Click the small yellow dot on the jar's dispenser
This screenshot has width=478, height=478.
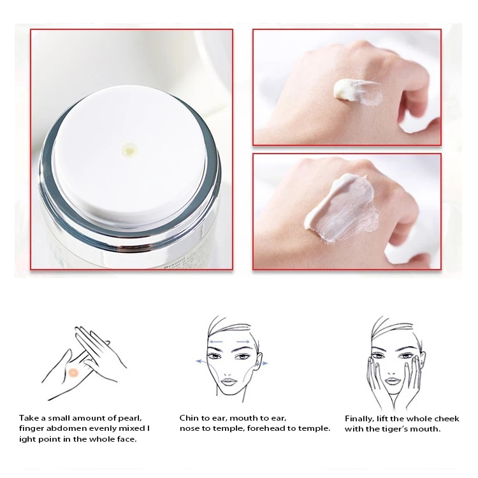tap(129, 150)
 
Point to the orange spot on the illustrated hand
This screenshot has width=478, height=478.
tap(74, 372)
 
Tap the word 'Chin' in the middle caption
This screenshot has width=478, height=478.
tap(190, 418)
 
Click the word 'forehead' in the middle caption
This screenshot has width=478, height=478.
tap(263, 428)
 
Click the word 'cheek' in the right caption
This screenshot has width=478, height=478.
tap(445, 419)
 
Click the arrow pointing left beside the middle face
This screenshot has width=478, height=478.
tap(202, 361)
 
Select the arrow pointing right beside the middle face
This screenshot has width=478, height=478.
tap(261, 363)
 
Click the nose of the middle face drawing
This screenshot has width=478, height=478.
tap(229, 368)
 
